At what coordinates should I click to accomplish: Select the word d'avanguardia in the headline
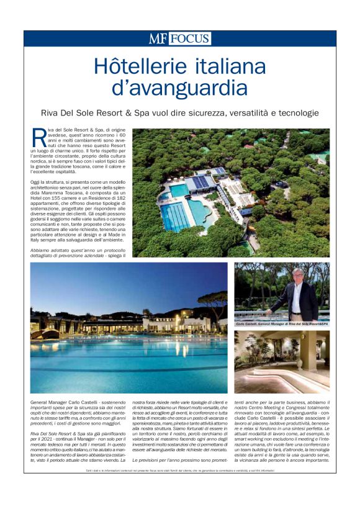(x=179, y=88)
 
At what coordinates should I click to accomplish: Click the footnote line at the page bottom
(x=180, y=472)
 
